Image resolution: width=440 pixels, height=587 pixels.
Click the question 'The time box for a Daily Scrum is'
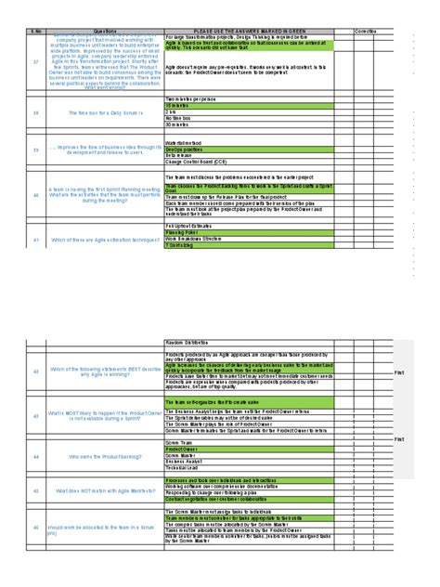click(103, 112)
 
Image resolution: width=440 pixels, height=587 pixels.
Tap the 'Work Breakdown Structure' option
click(194, 238)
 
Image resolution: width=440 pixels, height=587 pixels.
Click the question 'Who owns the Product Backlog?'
click(103, 456)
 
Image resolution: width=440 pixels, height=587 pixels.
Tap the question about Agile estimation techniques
click(103, 239)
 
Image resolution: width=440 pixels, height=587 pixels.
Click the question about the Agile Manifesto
click(103, 489)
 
